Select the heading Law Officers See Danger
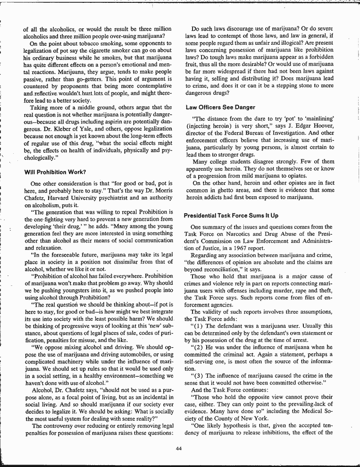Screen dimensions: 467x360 (x=220, y=108)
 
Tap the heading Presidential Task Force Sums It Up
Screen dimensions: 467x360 (x=231, y=216)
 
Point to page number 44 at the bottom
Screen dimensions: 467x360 (x=178, y=448)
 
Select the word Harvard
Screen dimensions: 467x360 (x=60, y=198)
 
